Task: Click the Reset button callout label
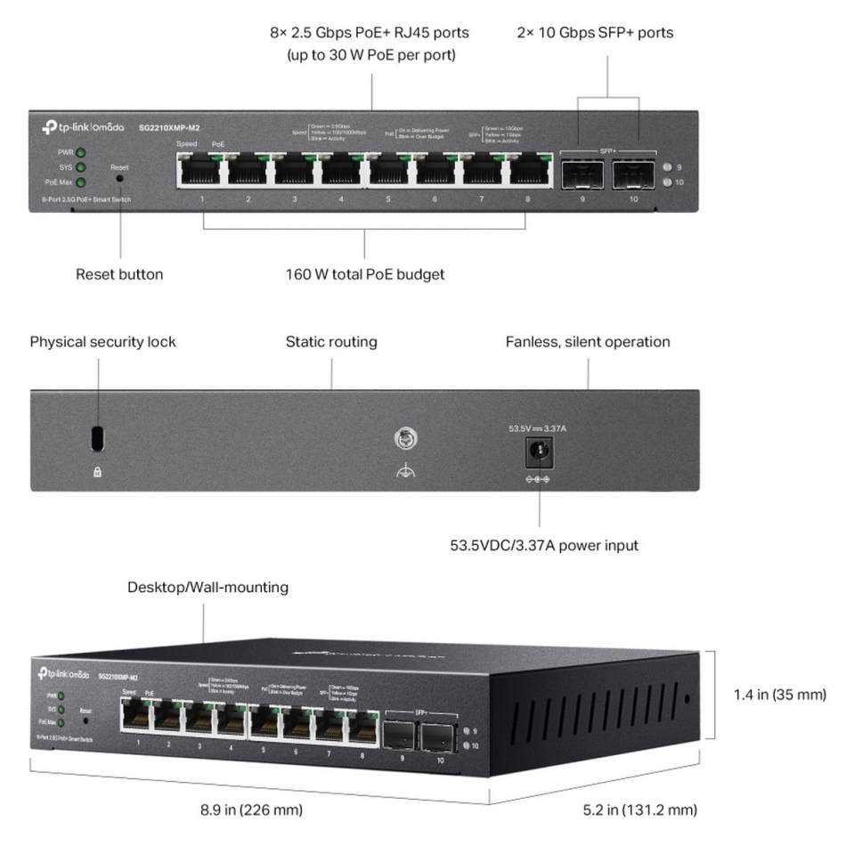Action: (119, 274)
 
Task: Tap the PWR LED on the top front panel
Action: (80, 152)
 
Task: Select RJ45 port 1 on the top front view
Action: (201, 170)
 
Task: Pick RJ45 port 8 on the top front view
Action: (526, 170)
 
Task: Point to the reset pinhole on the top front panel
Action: (119, 178)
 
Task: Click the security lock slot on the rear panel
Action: (98, 438)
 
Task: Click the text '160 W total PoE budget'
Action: (365, 274)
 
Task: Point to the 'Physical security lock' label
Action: (103, 342)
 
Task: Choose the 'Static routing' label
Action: (331, 342)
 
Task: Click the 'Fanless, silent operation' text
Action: (588, 342)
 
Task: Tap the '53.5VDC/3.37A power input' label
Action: (544, 545)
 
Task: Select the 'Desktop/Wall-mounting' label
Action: (207, 588)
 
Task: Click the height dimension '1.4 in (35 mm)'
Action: (780, 695)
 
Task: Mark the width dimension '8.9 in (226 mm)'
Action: (251, 810)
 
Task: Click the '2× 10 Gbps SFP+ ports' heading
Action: (596, 33)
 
